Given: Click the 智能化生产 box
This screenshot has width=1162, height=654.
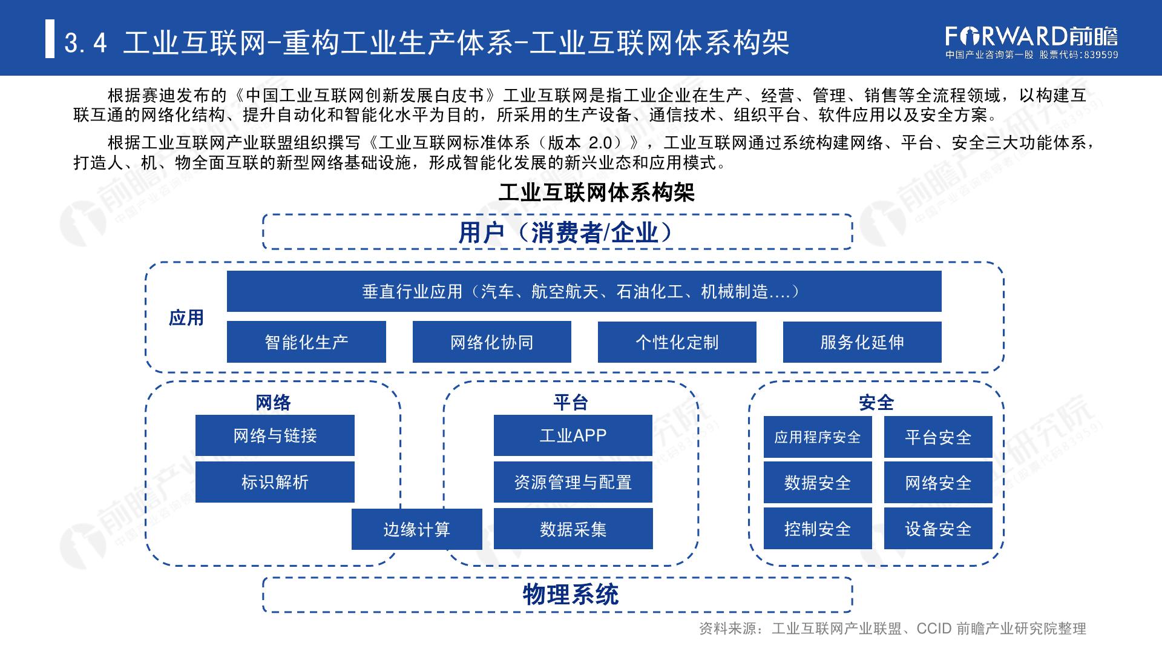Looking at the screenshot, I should point(306,342).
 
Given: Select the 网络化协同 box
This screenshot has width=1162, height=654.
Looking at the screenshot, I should point(491,342).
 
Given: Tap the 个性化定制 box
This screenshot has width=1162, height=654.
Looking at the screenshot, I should point(677,342).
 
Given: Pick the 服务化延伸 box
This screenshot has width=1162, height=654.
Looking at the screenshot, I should point(862,342).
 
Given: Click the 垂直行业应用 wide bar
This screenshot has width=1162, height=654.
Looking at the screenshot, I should point(583,292).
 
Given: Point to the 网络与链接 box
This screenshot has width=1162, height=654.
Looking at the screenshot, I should point(275,435).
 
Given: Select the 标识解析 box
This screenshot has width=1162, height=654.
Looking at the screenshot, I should point(275,482).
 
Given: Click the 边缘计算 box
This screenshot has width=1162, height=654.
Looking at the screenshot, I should point(416,529).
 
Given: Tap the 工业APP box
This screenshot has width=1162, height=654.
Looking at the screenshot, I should point(573,435).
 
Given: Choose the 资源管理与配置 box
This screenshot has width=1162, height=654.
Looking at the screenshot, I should point(573,482).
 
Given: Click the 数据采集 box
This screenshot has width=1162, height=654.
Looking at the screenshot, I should point(573,529).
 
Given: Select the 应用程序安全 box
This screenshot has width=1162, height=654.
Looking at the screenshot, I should point(817,437).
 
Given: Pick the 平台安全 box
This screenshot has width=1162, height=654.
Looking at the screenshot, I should point(938,437).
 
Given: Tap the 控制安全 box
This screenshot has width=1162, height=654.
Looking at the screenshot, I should point(817,529).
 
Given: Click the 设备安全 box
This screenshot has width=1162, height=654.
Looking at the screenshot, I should point(938,529).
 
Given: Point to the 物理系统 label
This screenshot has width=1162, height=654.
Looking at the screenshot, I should point(570,595).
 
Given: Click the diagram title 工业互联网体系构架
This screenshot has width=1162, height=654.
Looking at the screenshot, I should point(596,193).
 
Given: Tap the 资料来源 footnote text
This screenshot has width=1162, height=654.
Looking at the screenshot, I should point(892,629).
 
